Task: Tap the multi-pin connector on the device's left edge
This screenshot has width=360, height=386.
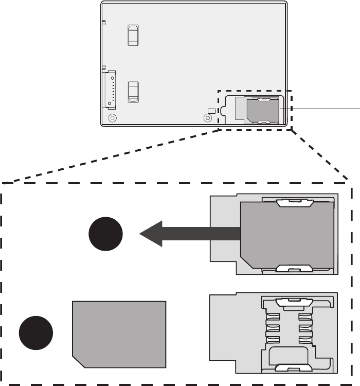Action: [x=110, y=90]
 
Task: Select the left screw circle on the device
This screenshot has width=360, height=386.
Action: [x=113, y=118]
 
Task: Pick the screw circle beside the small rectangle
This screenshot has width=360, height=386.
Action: [x=208, y=118]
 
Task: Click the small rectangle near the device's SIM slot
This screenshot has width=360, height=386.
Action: [x=211, y=111]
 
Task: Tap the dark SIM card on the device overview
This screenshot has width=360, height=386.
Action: [x=263, y=111]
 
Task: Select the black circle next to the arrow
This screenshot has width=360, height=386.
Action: [x=105, y=234]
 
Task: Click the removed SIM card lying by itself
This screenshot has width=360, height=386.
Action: [x=119, y=334]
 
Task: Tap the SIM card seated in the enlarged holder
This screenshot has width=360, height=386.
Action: [x=287, y=235]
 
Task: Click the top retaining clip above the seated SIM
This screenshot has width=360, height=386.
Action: [x=295, y=203]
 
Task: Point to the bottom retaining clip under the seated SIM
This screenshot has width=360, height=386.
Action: [x=295, y=268]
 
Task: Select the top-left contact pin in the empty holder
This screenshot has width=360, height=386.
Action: [x=273, y=315]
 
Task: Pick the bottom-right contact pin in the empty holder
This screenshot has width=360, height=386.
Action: [x=305, y=340]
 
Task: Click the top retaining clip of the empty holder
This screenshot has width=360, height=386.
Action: [x=295, y=301]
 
